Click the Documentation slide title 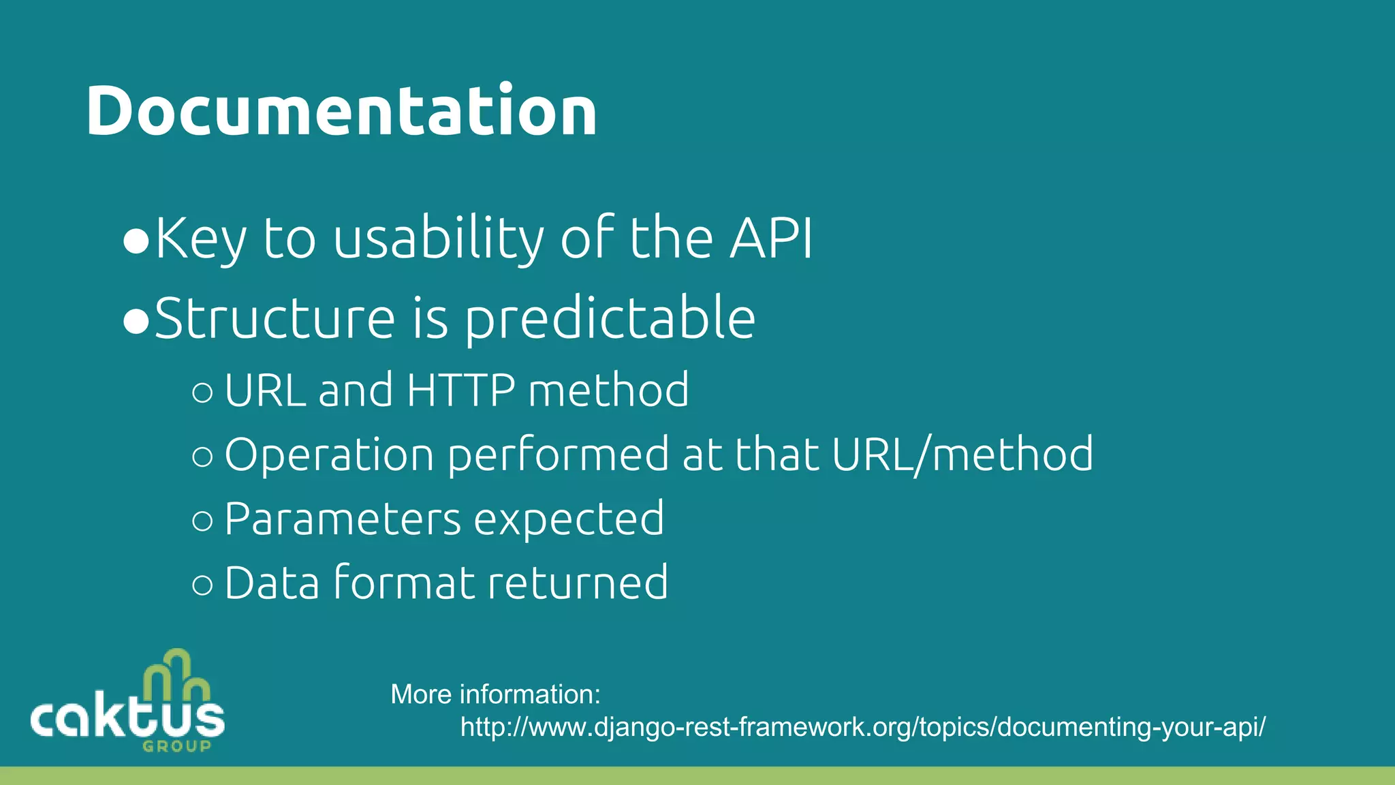341,110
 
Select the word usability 438,240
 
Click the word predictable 610,319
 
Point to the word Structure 275,319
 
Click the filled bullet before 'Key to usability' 136,241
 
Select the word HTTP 460,390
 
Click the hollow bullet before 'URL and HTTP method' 202,392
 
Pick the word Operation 329,455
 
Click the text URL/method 962,455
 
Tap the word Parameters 343,519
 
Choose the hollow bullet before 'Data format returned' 202,585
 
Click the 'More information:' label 495,694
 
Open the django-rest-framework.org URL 862,727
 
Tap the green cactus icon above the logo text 176,675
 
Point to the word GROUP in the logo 176,746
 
